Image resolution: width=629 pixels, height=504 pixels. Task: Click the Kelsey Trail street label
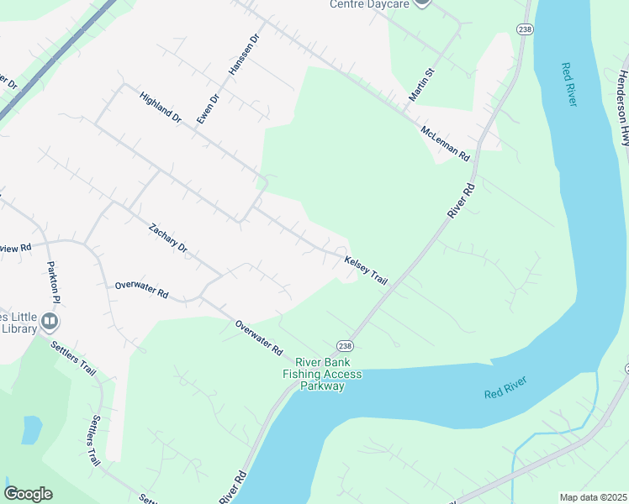(366, 270)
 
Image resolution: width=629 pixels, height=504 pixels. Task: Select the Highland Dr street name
(161, 108)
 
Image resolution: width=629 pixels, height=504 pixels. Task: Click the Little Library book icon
(50, 321)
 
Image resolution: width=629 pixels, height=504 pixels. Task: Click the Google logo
(28, 493)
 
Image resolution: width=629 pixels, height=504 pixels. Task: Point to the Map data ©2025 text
(594, 497)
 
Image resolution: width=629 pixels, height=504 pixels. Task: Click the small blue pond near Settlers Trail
(31, 429)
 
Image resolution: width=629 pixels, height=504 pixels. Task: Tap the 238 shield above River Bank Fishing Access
(345, 345)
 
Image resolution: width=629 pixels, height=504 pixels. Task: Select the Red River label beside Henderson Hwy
(569, 84)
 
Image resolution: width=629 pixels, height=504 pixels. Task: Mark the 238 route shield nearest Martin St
(526, 29)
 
